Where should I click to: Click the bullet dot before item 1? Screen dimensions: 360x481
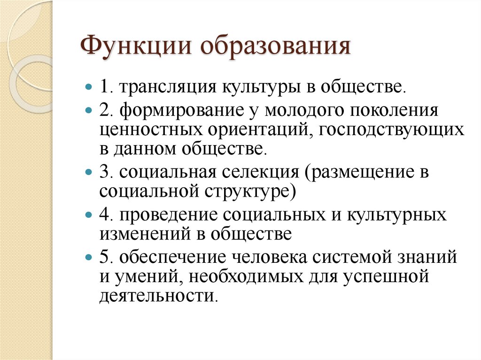pyautogui.click(x=88, y=87)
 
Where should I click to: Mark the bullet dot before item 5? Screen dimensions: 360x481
pyautogui.click(x=88, y=258)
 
